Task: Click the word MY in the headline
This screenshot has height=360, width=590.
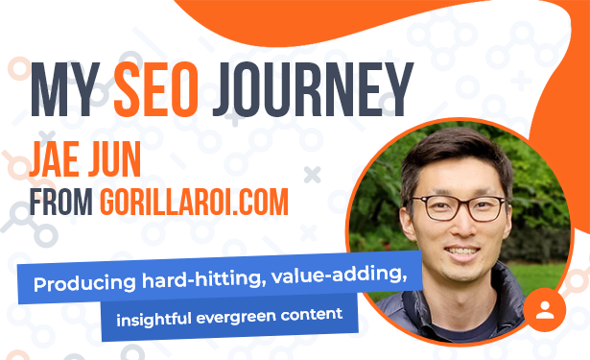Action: coord(65,89)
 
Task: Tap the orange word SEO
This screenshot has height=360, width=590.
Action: coord(155,89)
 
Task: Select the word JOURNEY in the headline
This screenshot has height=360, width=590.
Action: coord(313,89)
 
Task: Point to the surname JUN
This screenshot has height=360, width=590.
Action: coord(114,159)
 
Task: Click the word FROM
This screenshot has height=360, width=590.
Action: coord(61,202)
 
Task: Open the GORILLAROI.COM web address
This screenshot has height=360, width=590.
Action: coord(194,202)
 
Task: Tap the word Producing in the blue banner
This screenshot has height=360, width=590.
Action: coord(84,283)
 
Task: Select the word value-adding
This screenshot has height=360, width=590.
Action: coord(339,275)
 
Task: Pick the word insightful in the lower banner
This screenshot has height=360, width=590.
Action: coord(153,319)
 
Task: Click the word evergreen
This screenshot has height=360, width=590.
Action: coord(236,317)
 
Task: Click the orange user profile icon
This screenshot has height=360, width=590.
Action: coord(545,310)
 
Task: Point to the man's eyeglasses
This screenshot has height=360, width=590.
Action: coord(460,207)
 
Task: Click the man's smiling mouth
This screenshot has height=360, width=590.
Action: coord(461,252)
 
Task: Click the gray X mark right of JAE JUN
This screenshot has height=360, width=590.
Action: coord(313,175)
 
